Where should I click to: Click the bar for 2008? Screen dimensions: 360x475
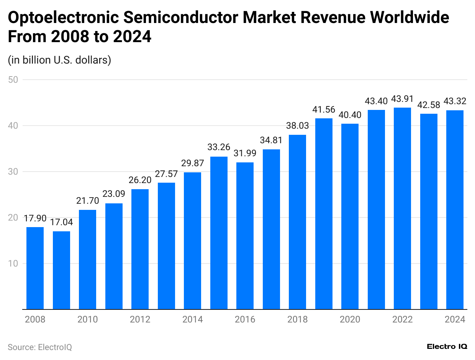[x=35, y=268]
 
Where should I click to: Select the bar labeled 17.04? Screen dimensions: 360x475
[x=61, y=270]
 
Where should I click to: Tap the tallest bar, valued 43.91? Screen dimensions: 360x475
[x=402, y=209]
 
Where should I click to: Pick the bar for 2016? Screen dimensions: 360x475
[x=245, y=236]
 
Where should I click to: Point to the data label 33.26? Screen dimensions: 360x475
[x=219, y=147]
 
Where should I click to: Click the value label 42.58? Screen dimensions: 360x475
[x=429, y=105]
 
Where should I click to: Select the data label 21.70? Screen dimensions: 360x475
[x=87, y=201]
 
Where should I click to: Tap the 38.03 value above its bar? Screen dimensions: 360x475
[x=298, y=126]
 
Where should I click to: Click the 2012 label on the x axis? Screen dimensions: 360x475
[x=140, y=319]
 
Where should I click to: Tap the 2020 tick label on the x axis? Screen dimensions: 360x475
[x=350, y=319]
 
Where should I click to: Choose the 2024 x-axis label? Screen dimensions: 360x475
[x=455, y=319]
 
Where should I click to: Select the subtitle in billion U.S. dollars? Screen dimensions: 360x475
[x=59, y=60]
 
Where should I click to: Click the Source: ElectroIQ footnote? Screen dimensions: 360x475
[x=40, y=347]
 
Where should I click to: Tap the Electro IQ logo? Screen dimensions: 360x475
[x=447, y=347]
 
